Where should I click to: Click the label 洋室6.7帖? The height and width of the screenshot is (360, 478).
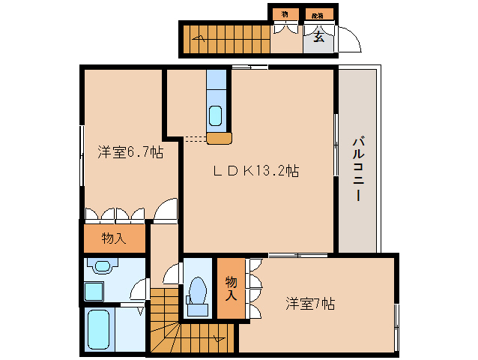click(x=130, y=152)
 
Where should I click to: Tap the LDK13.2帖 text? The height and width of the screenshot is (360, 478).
click(x=255, y=171)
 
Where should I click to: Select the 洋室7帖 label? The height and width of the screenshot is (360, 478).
click(x=309, y=304)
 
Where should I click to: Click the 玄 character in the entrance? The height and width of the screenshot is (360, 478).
click(x=318, y=37)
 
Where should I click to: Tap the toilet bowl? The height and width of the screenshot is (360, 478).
click(x=199, y=290)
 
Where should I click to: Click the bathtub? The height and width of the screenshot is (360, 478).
click(x=100, y=330)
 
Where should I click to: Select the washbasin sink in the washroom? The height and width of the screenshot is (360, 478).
click(x=100, y=265)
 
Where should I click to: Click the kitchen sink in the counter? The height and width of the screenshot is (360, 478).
click(x=215, y=115)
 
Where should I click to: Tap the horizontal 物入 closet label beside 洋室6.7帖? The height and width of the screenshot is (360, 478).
click(x=114, y=239)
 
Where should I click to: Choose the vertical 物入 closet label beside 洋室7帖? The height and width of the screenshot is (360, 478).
click(x=230, y=288)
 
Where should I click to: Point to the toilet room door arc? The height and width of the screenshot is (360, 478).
click(x=173, y=272)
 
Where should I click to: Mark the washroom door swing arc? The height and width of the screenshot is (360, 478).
click(x=138, y=289)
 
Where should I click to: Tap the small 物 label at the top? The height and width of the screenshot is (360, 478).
click(x=285, y=14)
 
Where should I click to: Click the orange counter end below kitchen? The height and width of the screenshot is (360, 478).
click(x=219, y=138)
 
